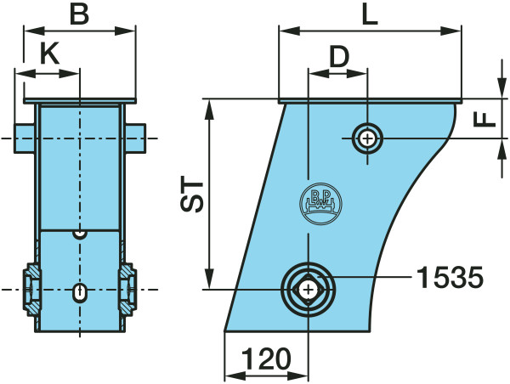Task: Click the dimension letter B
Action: point(80,14)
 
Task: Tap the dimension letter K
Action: point(49,54)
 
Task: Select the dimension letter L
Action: point(370,14)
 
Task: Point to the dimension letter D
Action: point(339,56)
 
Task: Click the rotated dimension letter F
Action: point(484,119)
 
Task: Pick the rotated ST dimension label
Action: point(192,194)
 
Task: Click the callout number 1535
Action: point(450,277)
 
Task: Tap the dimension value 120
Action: point(266,359)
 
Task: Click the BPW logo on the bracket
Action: point(320,203)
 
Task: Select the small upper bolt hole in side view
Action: point(367,138)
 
